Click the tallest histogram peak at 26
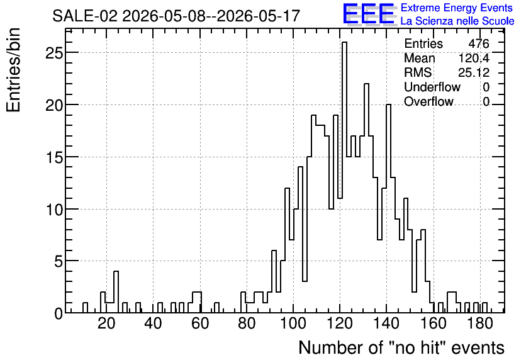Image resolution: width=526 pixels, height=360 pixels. click(x=345, y=42)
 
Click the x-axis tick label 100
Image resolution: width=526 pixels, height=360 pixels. click(x=293, y=323)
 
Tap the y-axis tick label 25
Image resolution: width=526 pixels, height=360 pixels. click(x=54, y=53)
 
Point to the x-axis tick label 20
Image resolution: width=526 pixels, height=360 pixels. click(x=107, y=323)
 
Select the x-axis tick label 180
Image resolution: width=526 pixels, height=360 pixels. click(x=480, y=323)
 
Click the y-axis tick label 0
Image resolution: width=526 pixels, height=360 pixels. click(x=59, y=313)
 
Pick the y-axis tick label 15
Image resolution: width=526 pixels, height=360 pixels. click(x=54, y=157)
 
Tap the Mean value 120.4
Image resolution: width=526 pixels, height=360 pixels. click(x=474, y=58)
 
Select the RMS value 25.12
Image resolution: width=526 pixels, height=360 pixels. click(x=474, y=72)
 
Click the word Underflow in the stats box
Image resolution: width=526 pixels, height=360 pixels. click(x=432, y=87)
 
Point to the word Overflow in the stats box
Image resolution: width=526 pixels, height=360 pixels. click(x=428, y=101)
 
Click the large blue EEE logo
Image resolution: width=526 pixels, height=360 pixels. click(x=369, y=14)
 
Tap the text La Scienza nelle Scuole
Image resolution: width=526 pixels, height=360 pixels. click(x=457, y=21)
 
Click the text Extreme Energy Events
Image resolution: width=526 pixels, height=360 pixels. click(x=457, y=8)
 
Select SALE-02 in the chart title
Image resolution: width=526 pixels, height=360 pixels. click(x=85, y=16)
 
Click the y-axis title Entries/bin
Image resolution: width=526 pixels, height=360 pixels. click(x=13, y=70)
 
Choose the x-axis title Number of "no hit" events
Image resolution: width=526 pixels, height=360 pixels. click(x=401, y=347)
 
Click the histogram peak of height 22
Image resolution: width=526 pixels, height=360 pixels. click(x=366, y=84)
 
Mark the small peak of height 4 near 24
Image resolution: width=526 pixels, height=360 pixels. click(x=116, y=271)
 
